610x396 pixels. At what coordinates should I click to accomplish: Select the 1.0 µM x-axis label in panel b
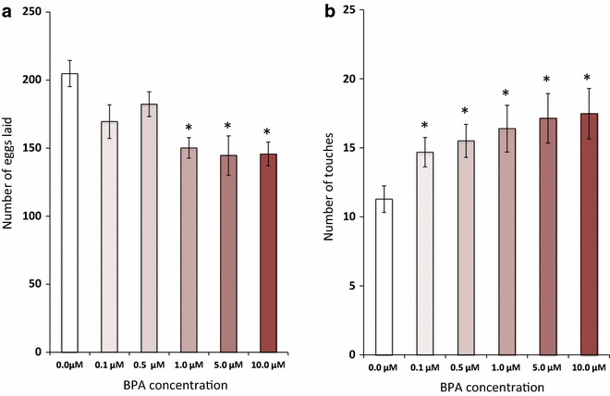(x=507, y=367)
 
